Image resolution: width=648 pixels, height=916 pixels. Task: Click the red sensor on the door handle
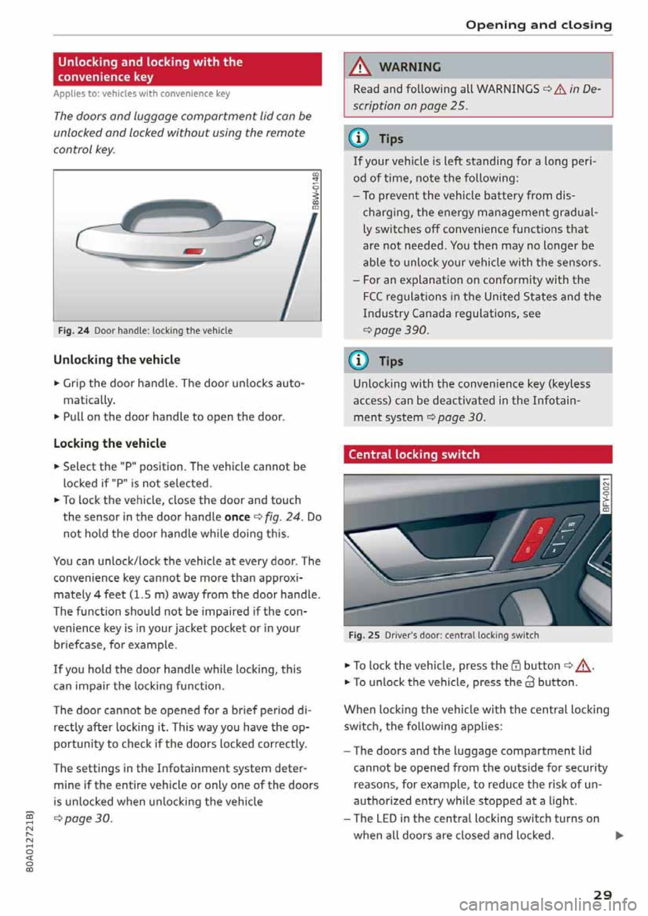click(x=194, y=252)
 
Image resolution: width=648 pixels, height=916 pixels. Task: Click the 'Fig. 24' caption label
click(x=74, y=331)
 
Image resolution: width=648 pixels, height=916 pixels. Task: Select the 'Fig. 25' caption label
click(x=364, y=635)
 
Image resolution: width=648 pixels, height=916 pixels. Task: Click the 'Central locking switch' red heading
click(x=477, y=455)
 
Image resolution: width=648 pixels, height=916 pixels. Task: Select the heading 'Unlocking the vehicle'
click(x=117, y=360)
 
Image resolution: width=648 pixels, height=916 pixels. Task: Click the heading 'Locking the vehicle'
click(x=109, y=443)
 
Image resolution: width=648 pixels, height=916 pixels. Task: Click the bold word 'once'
click(x=237, y=517)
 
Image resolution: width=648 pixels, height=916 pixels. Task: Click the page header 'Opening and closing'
click(x=539, y=25)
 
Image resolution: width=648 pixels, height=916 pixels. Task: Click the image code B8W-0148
click(x=315, y=192)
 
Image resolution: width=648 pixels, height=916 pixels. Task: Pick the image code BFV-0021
click(x=605, y=494)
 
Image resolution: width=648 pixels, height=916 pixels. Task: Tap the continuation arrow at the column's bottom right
click(x=620, y=836)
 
